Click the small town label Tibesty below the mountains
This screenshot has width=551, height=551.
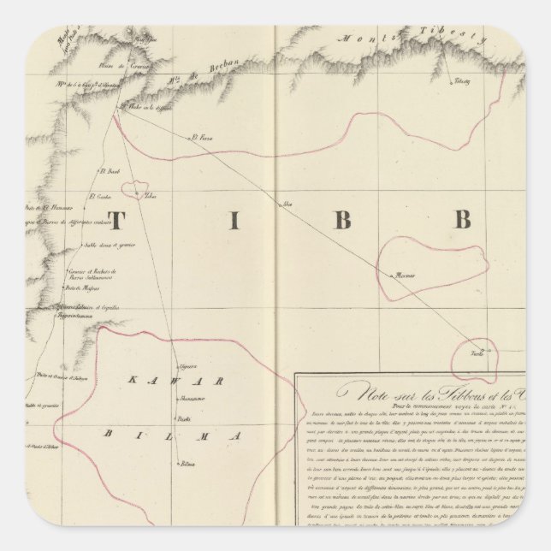(462, 81)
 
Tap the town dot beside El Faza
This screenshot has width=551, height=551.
(190, 138)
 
